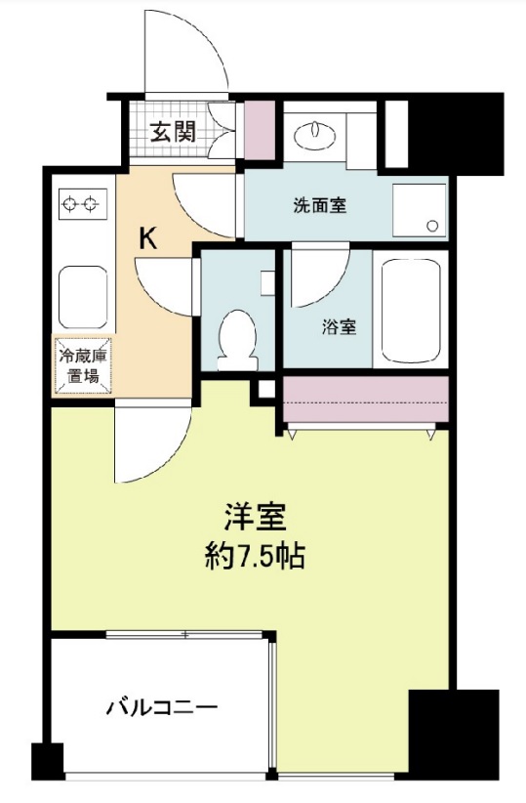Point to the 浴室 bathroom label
coord(339,327)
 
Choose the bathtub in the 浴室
coord(411,310)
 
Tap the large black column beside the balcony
coord(452,734)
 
